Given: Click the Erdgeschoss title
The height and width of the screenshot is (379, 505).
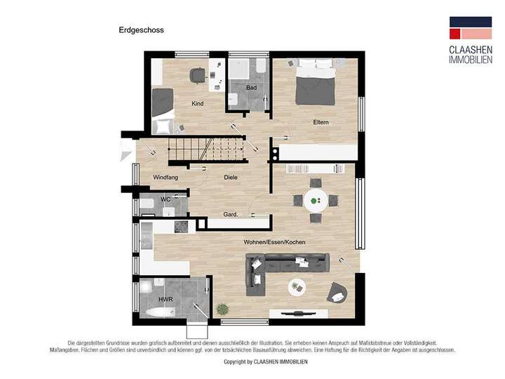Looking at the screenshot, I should tap(141, 30).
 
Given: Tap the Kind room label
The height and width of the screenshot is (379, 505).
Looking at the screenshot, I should tap(198, 104).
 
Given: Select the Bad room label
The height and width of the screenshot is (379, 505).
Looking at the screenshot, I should tap(251, 88).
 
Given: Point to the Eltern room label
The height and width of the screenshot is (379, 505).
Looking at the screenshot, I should tap(321, 123).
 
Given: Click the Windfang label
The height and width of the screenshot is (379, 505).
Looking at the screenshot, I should tap(166, 178).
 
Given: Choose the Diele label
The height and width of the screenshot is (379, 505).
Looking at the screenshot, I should tap(231, 178).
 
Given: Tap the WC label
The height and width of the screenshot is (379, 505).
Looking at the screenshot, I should tap(166, 199).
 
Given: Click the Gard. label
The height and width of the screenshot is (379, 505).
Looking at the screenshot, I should tap(230, 215).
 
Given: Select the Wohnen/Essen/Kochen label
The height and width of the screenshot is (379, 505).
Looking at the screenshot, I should tap(275, 242).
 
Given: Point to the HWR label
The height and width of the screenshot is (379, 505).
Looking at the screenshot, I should tap(166, 299).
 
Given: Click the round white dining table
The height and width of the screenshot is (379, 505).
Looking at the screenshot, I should tap(316, 201).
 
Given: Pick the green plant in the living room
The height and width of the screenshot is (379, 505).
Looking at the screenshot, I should tap(222, 308).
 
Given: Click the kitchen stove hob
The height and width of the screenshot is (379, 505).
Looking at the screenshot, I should tap(181, 227).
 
